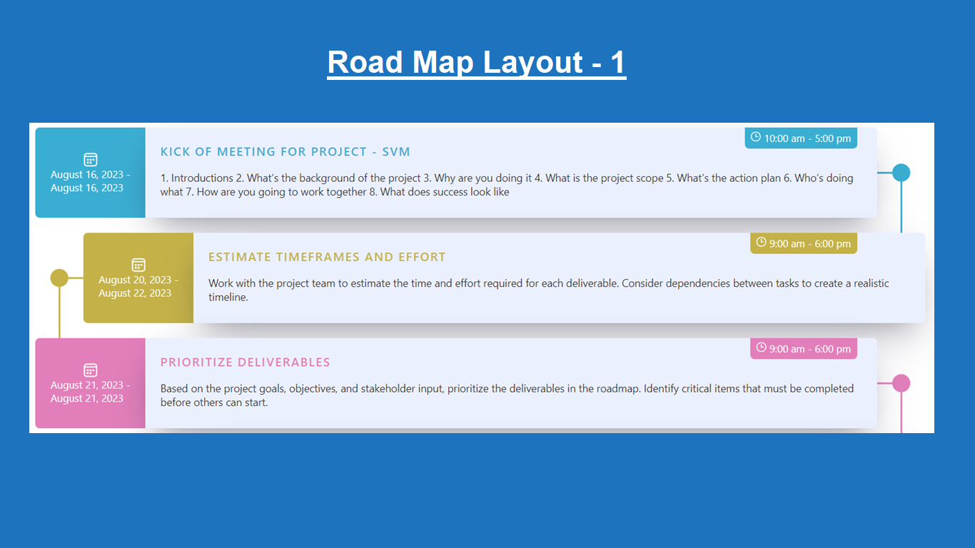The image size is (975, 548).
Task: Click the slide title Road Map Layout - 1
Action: click(x=477, y=62)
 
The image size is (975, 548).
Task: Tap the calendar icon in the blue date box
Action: click(x=91, y=160)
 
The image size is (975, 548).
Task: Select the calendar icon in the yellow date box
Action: click(x=138, y=265)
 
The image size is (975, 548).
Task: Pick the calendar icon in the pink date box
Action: click(x=91, y=370)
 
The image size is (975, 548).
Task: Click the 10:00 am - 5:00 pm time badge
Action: click(x=801, y=138)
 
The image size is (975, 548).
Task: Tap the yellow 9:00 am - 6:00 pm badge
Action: click(x=804, y=243)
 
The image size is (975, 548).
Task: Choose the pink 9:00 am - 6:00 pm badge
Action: click(x=804, y=349)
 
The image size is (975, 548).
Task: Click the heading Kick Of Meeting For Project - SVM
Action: click(x=285, y=151)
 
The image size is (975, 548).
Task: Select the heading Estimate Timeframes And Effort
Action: click(x=327, y=257)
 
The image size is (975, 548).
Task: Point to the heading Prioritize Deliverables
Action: click(x=245, y=362)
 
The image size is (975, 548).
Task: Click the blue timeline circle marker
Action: click(x=901, y=173)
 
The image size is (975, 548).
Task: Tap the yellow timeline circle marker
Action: click(x=59, y=278)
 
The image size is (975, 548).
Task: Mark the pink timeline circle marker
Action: click(x=901, y=383)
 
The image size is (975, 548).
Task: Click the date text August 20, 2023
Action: click(x=135, y=280)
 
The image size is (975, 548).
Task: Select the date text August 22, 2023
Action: click(x=135, y=293)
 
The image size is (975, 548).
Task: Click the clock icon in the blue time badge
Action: click(x=756, y=137)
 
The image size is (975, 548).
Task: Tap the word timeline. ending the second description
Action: click(x=228, y=298)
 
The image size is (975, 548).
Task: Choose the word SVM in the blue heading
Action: click(x=396, y=151)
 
